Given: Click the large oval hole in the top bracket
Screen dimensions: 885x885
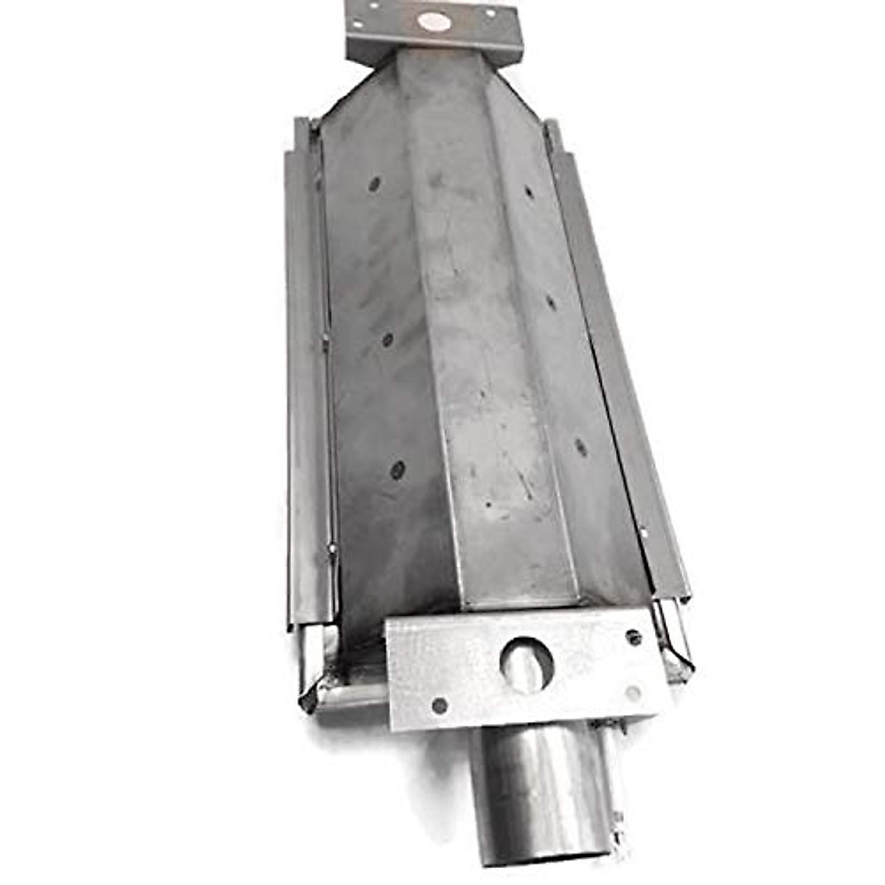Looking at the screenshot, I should click(x=434, y=21).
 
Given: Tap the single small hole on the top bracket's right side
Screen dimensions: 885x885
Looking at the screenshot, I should click(x=489, y=13).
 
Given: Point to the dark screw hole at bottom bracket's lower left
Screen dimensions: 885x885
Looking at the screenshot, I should click(x=440, y=705).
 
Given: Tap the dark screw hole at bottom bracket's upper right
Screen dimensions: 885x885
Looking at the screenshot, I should click(x=633, y=636).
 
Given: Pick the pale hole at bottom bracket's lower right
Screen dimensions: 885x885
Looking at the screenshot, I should click(x=632, y=693).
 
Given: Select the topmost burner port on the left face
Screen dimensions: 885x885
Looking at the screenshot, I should click(x=375, y=184).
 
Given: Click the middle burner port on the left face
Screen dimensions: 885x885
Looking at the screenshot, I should click(x=387, y=339).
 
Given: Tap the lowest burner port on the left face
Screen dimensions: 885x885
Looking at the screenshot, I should click(x=398, y=469).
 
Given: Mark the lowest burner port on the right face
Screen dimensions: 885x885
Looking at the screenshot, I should click(x=581, y=447).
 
